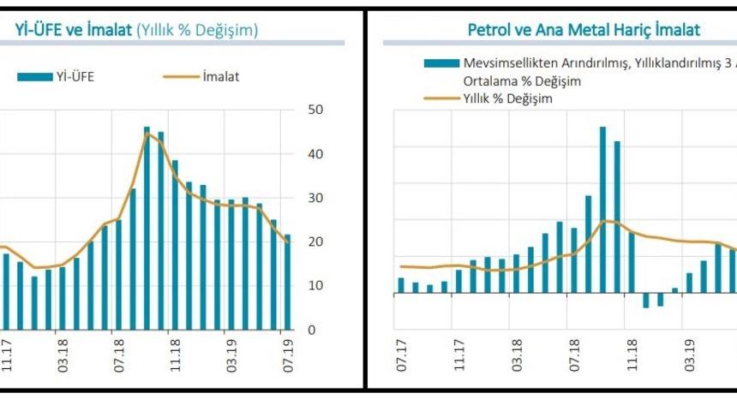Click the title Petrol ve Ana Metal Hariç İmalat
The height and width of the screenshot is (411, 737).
coord(584,30)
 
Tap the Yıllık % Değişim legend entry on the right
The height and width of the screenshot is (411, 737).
coord(488,98)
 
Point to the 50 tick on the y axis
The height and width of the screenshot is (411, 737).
coord(314,110)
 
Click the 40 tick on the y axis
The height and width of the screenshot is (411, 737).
coord(314,154)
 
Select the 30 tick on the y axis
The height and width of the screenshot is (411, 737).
coord(314,198)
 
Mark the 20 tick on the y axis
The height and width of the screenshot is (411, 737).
coord(314,241)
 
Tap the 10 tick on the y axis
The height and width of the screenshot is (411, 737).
coord(314,285)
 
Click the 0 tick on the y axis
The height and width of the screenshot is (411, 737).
coord(312,330)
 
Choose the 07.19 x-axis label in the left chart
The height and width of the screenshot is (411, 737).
coord(288,355)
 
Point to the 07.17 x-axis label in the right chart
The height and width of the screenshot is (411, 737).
coord(401,355)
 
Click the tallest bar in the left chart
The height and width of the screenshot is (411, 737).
coord(147,228)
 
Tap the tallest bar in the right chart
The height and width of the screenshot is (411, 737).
coord(602,211)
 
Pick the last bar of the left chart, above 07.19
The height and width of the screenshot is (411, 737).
coord(288,282)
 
